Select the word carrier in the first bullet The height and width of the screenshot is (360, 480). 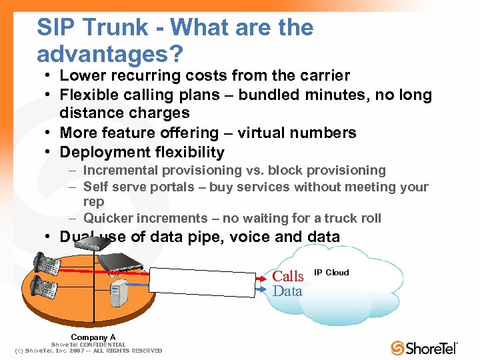point(323,76)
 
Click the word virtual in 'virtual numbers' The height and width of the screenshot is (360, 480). point(256,133)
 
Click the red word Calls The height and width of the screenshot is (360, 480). point(288,276)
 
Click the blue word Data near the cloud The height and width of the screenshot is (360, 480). point(287,291)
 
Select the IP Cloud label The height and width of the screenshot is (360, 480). point(331,273)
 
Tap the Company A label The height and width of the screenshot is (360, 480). point(93,337)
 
